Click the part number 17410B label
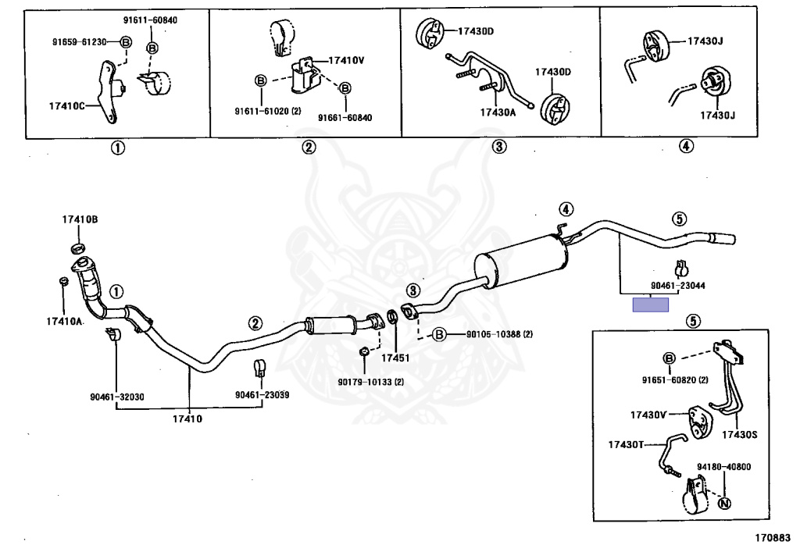tap(80, 220)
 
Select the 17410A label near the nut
tap(64, 321)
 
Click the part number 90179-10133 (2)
tap(371, 382)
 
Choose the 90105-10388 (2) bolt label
tap(499, 334)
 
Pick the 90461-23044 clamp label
tap(678, 286)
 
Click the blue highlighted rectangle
tap(651, 305)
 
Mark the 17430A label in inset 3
tap(498, 112)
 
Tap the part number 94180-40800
tap(723, 467)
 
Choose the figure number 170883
tap(772, 538)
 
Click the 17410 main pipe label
tap(187, 419)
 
